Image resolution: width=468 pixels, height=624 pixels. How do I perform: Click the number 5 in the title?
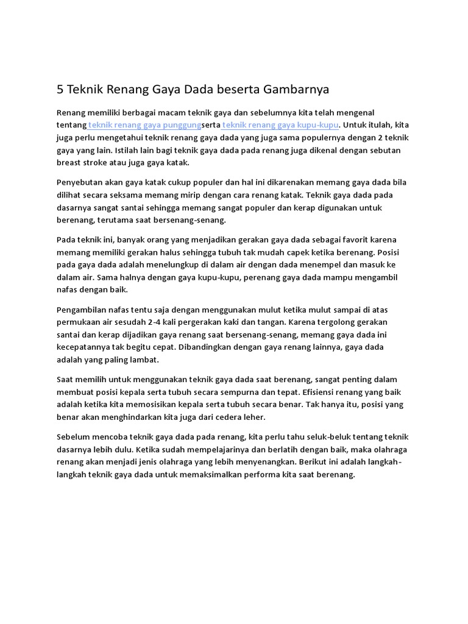(60, 90)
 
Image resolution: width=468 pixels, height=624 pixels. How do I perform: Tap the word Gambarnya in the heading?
(297, 90)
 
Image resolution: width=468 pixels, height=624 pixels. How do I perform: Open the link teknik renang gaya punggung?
(144, 125)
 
